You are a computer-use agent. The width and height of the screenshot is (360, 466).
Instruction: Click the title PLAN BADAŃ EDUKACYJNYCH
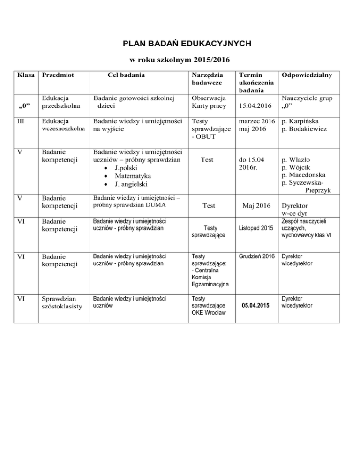[x=180, y=44]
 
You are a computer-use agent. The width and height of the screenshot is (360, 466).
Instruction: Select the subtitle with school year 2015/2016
[x=180, y=60]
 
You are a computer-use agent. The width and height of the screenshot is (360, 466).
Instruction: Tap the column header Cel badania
[x=126, y=75]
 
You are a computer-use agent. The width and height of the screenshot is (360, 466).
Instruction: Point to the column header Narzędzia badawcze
[x=208, y=79]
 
